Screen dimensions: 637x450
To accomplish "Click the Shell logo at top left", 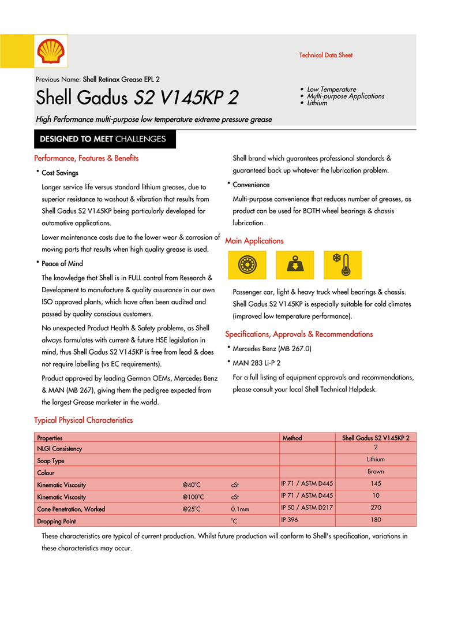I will tap(52, 51).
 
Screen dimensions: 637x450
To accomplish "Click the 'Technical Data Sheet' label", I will tap(325, 55).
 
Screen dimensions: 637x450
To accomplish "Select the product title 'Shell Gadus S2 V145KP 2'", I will tap(137, 97).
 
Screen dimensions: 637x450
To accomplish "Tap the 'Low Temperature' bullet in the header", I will tap(331, 90).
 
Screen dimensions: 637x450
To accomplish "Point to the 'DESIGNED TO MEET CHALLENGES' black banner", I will tap(104, 139).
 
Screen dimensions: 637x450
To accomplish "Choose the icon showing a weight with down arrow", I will tap(295, 265).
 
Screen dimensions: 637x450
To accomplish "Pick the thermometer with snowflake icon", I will tap(343, 265).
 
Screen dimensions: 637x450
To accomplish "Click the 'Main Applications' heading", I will tap(254, 241).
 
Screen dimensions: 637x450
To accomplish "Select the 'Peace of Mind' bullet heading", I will tap(62, 264).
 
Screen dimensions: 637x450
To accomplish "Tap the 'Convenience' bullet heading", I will tap(251, 185).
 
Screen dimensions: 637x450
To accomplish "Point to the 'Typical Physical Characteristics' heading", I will tap(84, 420).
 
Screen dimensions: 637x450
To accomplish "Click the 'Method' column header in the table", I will tap(292, 438).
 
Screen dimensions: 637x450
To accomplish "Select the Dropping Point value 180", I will tap(376, 520).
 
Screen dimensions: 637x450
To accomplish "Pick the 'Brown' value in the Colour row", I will tap(376, 472).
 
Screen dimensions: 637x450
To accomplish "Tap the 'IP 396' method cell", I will tap(290, 520).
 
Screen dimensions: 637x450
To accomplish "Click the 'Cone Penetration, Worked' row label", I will tap(71, 509).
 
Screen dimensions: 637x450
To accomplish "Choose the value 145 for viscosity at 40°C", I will tap(376, 483).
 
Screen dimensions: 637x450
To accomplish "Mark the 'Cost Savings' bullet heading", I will tap(60, 173).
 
